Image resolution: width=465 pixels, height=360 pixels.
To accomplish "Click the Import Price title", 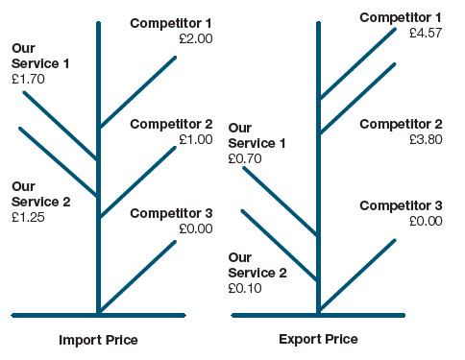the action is [98, 340].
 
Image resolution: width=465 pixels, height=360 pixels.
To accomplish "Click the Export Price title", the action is [318, 339].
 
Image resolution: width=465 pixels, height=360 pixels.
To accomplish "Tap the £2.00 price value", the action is [195, 38].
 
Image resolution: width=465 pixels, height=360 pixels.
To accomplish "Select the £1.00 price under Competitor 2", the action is [195, 139].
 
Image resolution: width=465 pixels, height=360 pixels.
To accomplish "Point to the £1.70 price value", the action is [28, 79].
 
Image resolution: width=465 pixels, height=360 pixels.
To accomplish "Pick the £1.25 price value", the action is [28, 217].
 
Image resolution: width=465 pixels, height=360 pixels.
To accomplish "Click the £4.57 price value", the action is [425, 33].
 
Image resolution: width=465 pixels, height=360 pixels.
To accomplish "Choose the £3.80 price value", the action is [425, 138].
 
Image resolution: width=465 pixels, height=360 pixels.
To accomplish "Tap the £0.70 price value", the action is [245, 158].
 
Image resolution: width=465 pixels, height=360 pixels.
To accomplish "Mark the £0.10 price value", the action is [245, 288].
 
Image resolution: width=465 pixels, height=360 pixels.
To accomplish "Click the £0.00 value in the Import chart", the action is [195, 228].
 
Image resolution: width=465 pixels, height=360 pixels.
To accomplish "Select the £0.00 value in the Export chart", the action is [425, 221].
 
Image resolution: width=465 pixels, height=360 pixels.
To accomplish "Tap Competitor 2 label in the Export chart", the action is [401, 124].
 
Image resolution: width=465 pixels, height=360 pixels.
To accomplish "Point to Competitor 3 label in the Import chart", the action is [171, 213].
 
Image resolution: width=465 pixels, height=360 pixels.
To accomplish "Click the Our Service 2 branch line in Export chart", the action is [279, 245].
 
